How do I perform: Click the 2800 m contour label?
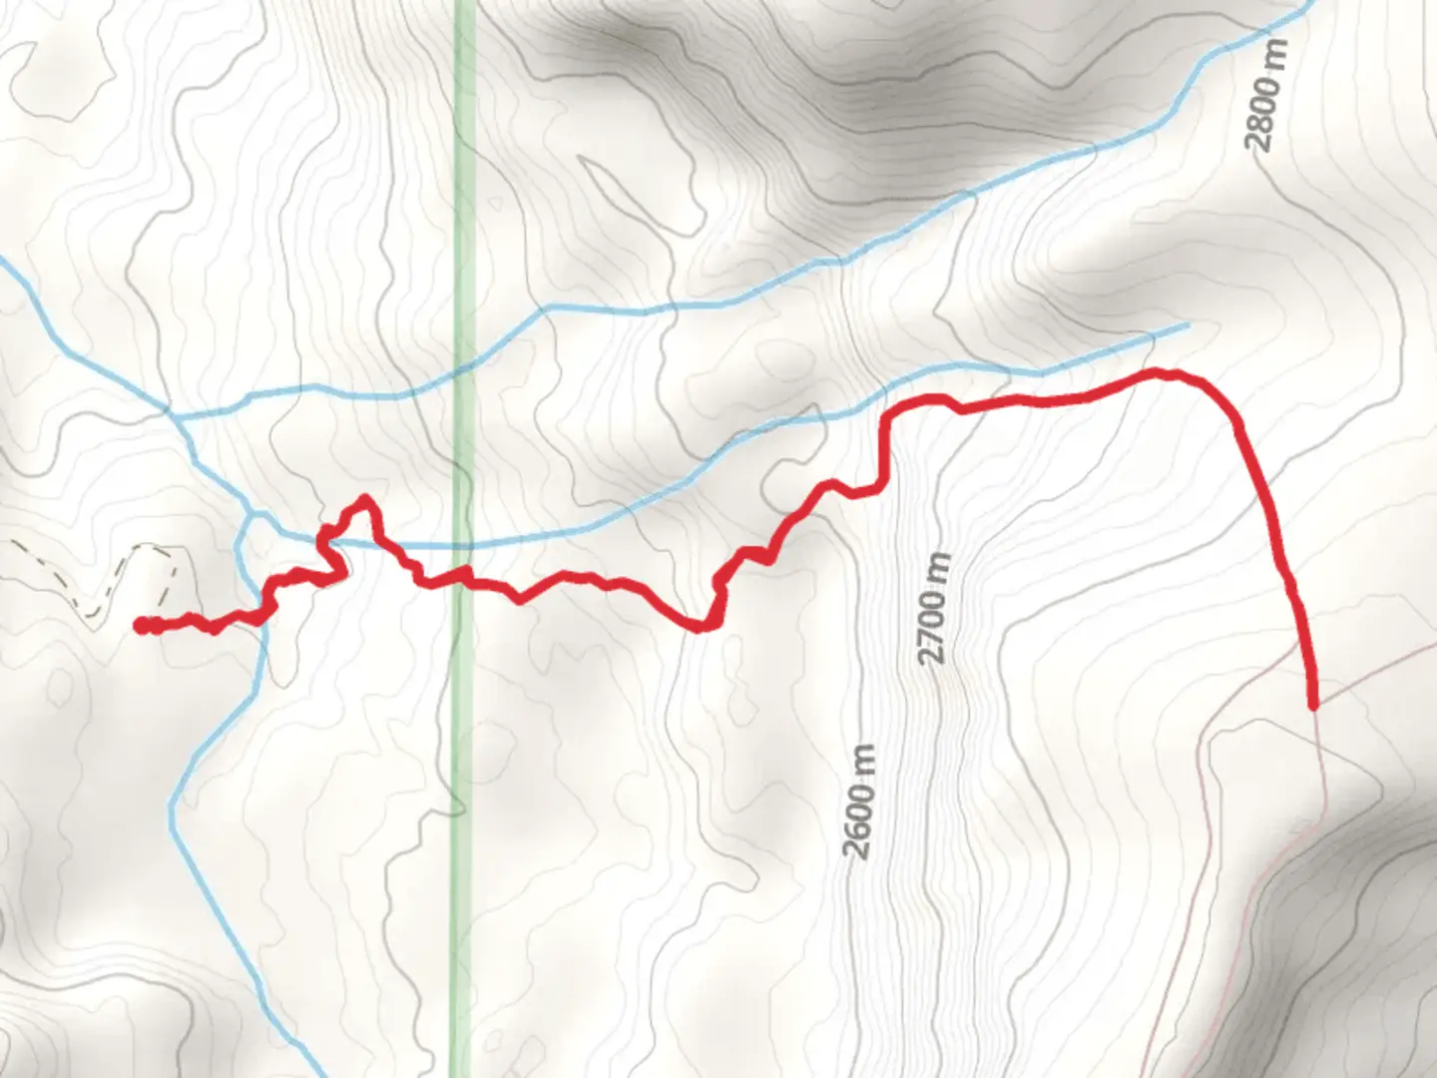(1266, 95)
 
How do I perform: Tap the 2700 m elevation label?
(933, 609)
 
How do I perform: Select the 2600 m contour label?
(860, 802)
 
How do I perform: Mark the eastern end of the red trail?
(1313, 705)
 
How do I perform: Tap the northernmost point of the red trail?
(1158, 372)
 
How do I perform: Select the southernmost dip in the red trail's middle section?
(703, 627)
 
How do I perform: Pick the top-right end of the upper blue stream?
(1311, 8)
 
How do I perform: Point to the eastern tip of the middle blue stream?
(1188, 325)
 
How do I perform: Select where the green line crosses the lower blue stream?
(462, 546)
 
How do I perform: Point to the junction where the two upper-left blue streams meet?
(171, 410)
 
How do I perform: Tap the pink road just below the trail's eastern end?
(1319, 759)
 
